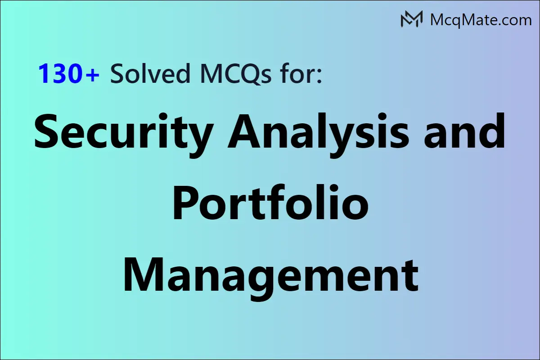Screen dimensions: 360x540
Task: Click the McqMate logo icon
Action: pos(411,19)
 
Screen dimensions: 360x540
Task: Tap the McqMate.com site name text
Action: pos(480,20)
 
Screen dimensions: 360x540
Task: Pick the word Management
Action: pos(270,273)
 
